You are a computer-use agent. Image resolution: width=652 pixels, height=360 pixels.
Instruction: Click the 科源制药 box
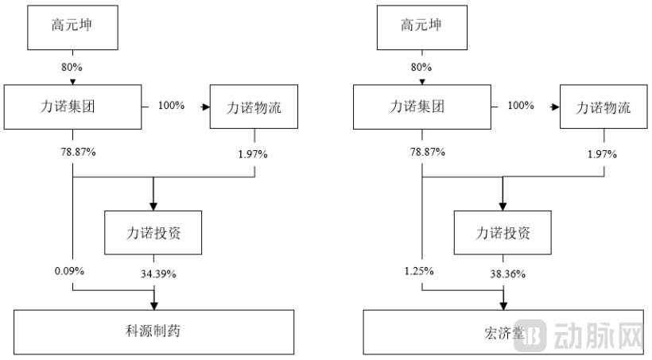[153, 331]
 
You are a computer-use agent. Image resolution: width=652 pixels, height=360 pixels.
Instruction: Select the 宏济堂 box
[503, 331]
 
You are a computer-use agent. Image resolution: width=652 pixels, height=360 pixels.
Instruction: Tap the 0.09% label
[69, 271]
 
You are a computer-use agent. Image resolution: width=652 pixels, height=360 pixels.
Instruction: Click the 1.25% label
[418, 271]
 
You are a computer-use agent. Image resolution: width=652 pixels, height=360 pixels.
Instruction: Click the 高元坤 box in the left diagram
[73, 25]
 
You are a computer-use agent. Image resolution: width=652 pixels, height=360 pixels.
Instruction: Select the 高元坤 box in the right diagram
[422, 25]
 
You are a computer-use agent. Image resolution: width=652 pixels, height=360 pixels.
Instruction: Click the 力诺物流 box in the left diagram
[254, 106]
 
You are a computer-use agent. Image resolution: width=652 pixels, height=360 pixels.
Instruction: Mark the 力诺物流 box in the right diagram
[603, 106]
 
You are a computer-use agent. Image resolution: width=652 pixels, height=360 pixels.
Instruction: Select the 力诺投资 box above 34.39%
[153, 233]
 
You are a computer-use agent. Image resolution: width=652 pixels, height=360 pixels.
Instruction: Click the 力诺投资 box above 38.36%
[503, 233]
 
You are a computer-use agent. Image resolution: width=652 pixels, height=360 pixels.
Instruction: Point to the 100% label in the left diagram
[171, 105]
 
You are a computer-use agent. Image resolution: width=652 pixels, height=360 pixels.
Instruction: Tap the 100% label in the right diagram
[520, 105]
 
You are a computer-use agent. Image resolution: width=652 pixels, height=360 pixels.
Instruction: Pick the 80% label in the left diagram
[72, 66]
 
